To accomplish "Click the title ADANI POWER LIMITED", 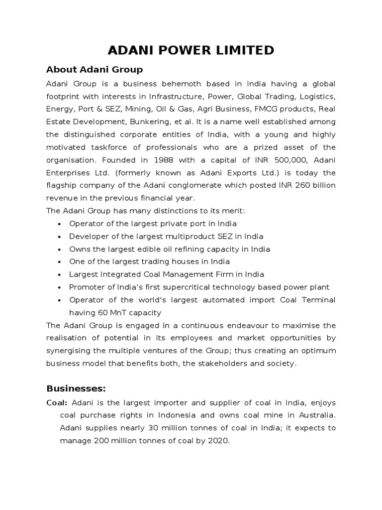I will click(191, 50).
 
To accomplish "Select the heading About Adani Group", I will click(95, 69).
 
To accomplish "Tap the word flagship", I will click(62, 185).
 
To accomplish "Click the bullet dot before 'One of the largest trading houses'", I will click(59, 262).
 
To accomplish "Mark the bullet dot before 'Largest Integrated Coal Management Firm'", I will click(59, 275).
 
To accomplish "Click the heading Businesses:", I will click(76, 388).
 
